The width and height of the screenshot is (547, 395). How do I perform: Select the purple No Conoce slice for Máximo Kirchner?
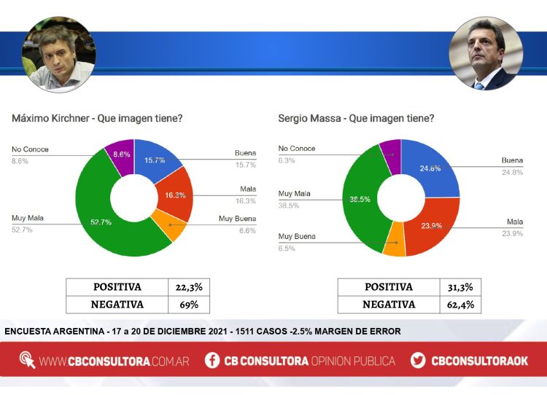pyautogui.click(x=120, y=154)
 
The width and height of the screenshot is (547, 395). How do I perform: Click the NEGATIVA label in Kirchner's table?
pyautogui.click(x=117, y=305)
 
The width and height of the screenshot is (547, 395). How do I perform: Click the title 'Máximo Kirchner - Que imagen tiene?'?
pyautogui.click(x=97, y=117)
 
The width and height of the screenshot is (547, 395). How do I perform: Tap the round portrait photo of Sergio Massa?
pyautogui.click(x=485, y=53)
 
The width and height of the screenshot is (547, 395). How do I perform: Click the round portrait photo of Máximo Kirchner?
pyautogui.click(x=58, y=53)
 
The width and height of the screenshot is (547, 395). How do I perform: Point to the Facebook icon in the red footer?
pyautogui.click(x=212, y=360)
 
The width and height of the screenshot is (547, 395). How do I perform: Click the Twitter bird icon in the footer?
pyautogui.click(x=418, y=360)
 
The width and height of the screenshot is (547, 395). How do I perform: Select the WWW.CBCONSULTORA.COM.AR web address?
pyautogui.click(x=114, y=361)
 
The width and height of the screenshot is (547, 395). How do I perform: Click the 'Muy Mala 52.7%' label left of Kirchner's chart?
pyautogui.click(x=26, y=224)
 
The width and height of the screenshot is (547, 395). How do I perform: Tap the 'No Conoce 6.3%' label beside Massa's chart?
pyautogui.click(x=297, y=155)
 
